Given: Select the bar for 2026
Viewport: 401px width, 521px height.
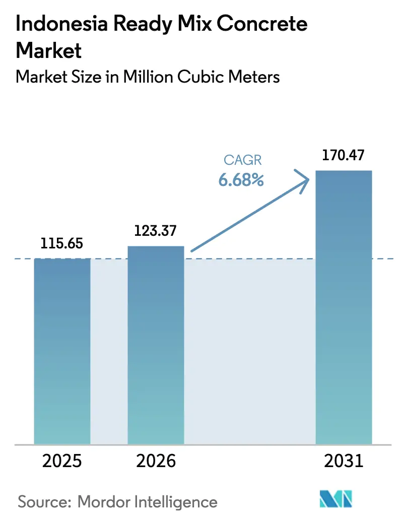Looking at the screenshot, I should (x=156, y=345).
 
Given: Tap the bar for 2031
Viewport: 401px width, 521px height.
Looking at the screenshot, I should (x=344, y=307).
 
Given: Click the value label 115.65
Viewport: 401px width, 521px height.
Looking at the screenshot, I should (x=62, y=244).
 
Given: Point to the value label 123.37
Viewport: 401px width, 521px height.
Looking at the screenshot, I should (x=156, y=231).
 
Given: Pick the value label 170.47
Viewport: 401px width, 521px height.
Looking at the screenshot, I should (x=344, y=155).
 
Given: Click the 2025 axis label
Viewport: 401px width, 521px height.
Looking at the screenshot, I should (x=62, y=461).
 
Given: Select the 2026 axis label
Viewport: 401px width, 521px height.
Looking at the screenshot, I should (x=156, y=461).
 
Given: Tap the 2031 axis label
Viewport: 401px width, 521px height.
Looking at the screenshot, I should (x=344, y=461).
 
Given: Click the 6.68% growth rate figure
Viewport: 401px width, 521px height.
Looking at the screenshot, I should (x=241, y=179).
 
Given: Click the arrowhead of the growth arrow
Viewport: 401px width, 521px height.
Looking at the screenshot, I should (x=305, y=179).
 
